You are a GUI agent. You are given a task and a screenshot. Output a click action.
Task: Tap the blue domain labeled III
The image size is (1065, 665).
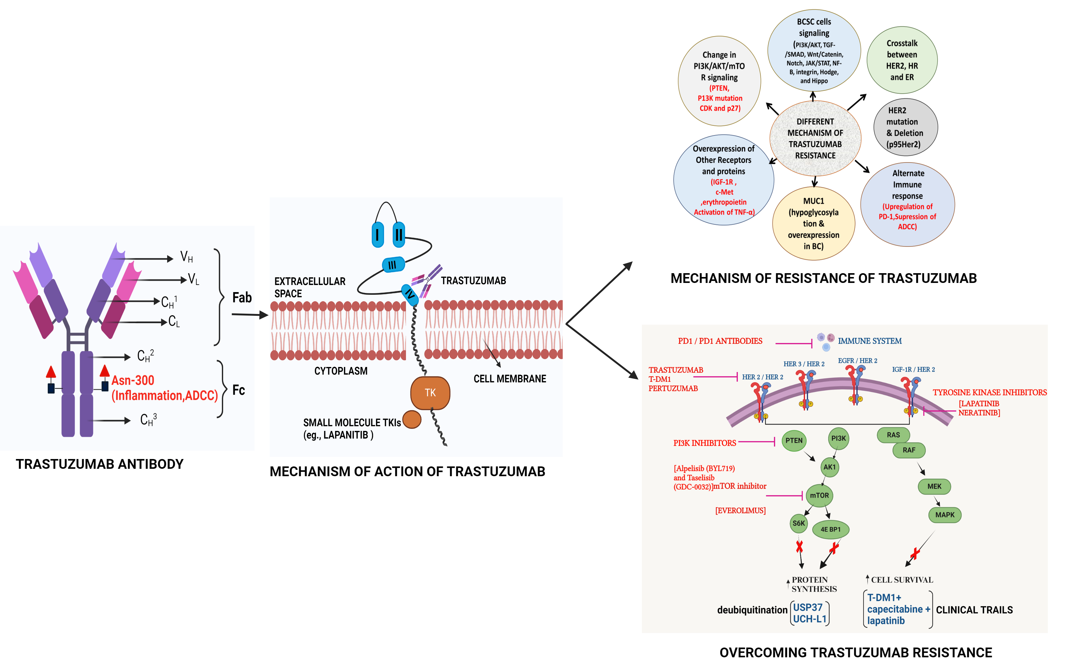393,265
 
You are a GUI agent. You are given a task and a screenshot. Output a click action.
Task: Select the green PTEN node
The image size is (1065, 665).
794,440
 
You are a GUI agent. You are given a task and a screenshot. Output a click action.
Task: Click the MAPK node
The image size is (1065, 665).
944,515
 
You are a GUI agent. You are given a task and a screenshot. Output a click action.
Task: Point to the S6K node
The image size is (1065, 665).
798,523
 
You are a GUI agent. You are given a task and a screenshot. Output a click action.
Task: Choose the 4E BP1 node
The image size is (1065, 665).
830,529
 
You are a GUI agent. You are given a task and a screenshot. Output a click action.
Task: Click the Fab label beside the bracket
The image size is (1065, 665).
242,297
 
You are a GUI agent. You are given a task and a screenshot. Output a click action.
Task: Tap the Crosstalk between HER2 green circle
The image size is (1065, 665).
902,60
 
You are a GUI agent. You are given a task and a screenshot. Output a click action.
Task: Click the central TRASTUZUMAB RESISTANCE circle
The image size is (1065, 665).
815,138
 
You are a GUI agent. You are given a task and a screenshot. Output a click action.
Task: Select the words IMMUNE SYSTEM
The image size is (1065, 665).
869,341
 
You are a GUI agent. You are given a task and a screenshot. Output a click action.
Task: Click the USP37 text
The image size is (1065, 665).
807,607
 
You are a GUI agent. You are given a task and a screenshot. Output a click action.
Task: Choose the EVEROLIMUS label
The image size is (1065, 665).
740,511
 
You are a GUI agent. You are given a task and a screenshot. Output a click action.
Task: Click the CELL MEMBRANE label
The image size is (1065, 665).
509,379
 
